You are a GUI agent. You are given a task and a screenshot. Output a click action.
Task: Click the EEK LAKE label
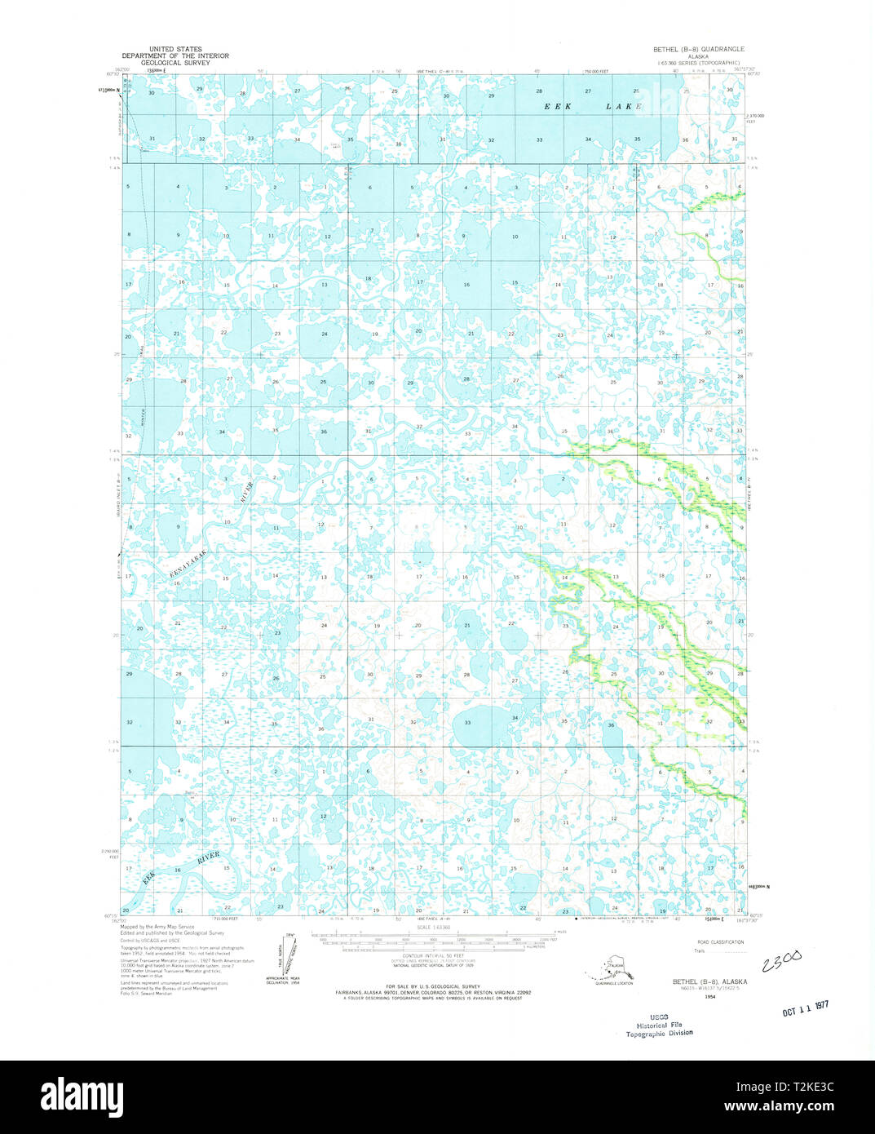[593, 107]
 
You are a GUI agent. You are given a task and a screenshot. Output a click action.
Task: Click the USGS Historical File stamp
[659, 1025]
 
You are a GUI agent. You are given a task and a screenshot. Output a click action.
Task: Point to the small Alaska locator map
[607, 970]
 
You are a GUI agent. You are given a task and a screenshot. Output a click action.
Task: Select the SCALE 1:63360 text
[433, 928]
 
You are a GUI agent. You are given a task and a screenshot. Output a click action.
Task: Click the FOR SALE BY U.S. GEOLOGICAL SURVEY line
[433, 986]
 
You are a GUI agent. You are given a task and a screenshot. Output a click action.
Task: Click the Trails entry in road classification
[699, 950]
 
